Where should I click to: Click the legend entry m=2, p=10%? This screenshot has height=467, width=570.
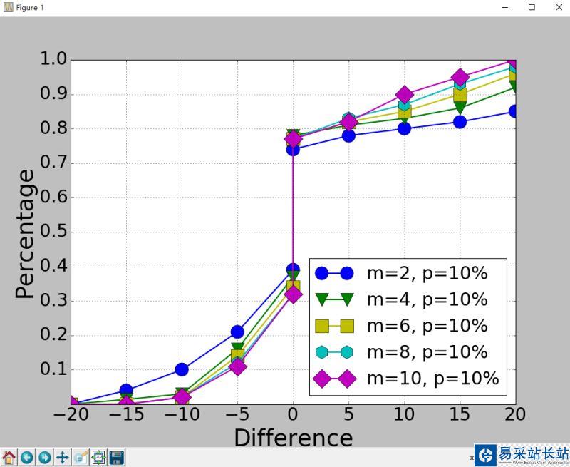click(426, 273)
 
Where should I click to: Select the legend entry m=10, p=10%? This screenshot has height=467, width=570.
click(432, 378)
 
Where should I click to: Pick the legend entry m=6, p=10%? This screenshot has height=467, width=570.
click(426, 326)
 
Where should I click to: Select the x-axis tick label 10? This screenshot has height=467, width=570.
click(405, 415)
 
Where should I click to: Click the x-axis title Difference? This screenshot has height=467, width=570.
click(293, 437)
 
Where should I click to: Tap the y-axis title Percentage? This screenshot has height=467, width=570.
click(25, 233)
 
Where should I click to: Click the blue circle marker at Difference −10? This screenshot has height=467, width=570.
click(182, 369)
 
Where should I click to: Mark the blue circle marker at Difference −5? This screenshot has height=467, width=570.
click(237, 332)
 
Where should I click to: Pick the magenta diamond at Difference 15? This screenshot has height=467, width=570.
click(460, 78)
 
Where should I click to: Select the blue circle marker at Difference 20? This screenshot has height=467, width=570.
click(514, 111)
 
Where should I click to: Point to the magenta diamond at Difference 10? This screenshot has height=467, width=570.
click(405, 95)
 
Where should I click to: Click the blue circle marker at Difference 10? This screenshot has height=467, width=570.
click(405, 129)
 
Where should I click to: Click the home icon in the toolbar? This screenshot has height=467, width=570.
click(9, 457)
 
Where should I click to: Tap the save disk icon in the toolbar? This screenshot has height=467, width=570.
click(116, 457)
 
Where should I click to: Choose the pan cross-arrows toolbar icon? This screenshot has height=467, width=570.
click(63, 457)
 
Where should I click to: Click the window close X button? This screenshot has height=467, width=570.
click(558, 7)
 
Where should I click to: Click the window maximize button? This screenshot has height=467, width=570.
click(532, 7)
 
